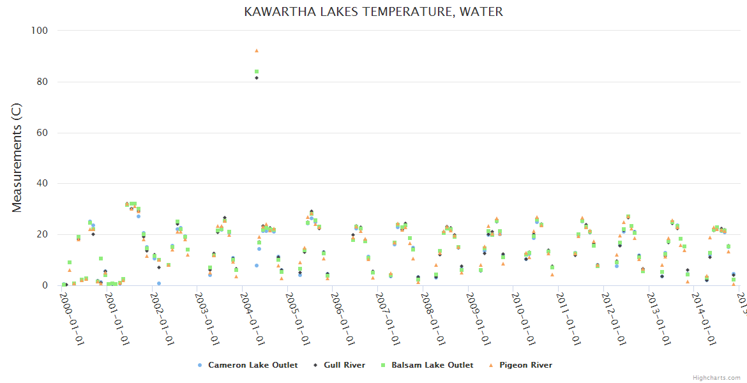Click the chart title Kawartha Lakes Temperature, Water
pyautogui.click(x=373, y=12)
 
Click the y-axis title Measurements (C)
pyautogui.click(x=17, y=158)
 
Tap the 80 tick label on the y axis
pyautogui.click(x=43, y=82)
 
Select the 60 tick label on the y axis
pyautogui.click(x=43, y=133)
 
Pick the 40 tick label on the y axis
pyautogui.click(x=43, y=184)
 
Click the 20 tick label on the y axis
pyautogui.click(x=43, y=235)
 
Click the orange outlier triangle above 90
pyautogui.click(x=257, y=50)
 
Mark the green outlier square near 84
pyautogui.click(x=257, y=72)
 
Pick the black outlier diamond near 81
pyautogui.click(x=257, y=78)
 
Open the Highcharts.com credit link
pyautogui.click(x=716, y=378)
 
